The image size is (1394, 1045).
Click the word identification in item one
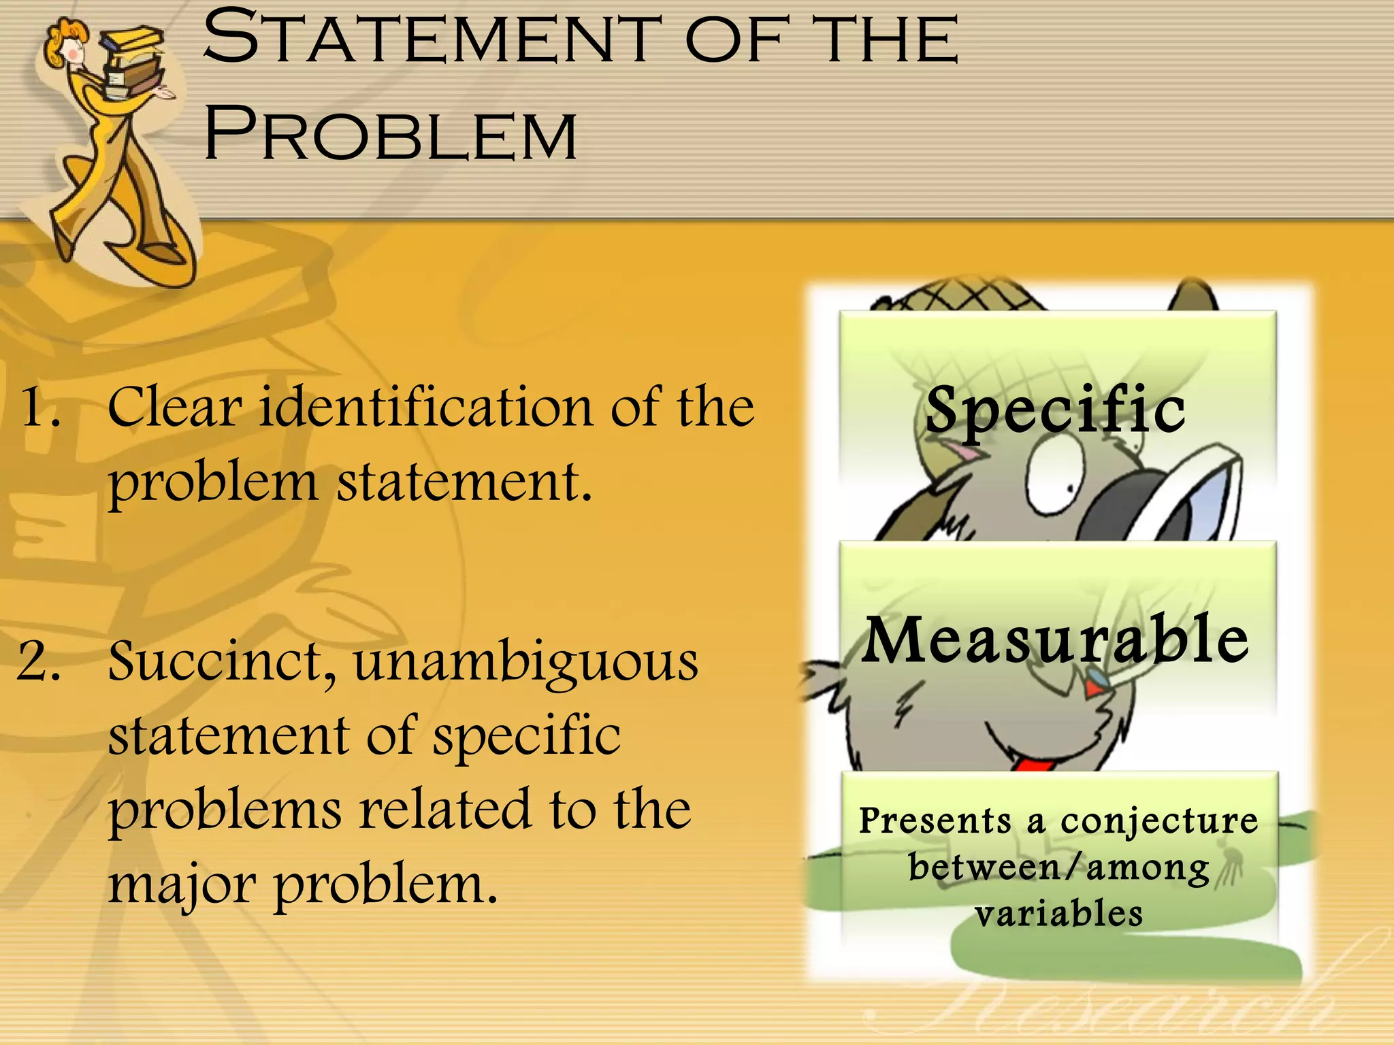[426, 407]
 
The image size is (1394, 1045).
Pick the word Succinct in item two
[221, 661]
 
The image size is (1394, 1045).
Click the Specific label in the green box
[1056, 410]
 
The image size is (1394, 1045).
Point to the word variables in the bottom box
[1058, 914]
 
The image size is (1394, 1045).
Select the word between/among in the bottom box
[1058, 867]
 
